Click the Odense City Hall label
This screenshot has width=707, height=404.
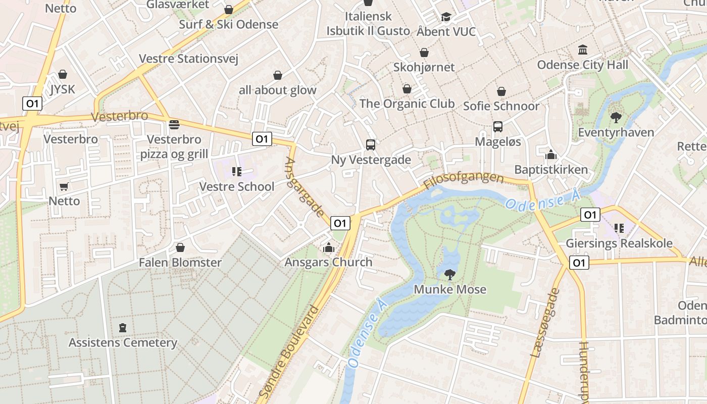(582, 65)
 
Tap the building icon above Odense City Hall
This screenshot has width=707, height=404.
(583, 50)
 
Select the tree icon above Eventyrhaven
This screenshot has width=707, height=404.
(616, 118)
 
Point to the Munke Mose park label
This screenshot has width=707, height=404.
(450, 289)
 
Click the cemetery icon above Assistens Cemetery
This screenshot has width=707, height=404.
(123, 328)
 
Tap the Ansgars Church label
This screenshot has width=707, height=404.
(328, 262)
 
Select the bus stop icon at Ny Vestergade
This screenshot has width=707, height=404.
(371, 145)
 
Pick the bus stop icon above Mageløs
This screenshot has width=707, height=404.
(498, 127)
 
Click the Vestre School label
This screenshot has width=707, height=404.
(237, 186)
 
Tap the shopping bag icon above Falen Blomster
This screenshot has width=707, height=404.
(180, 247)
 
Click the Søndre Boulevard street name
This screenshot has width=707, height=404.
(289, 351)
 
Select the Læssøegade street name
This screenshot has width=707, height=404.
(545, 323)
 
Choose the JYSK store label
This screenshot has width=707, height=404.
(63, 89)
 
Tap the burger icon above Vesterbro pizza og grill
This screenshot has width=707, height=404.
(174, 124)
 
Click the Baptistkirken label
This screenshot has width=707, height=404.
(551, 169)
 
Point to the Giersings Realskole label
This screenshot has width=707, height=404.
(619, 243)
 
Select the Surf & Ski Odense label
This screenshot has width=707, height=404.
(228, 24)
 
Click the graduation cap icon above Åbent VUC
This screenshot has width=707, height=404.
(446, 17)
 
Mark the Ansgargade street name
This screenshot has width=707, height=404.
(305, 187)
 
